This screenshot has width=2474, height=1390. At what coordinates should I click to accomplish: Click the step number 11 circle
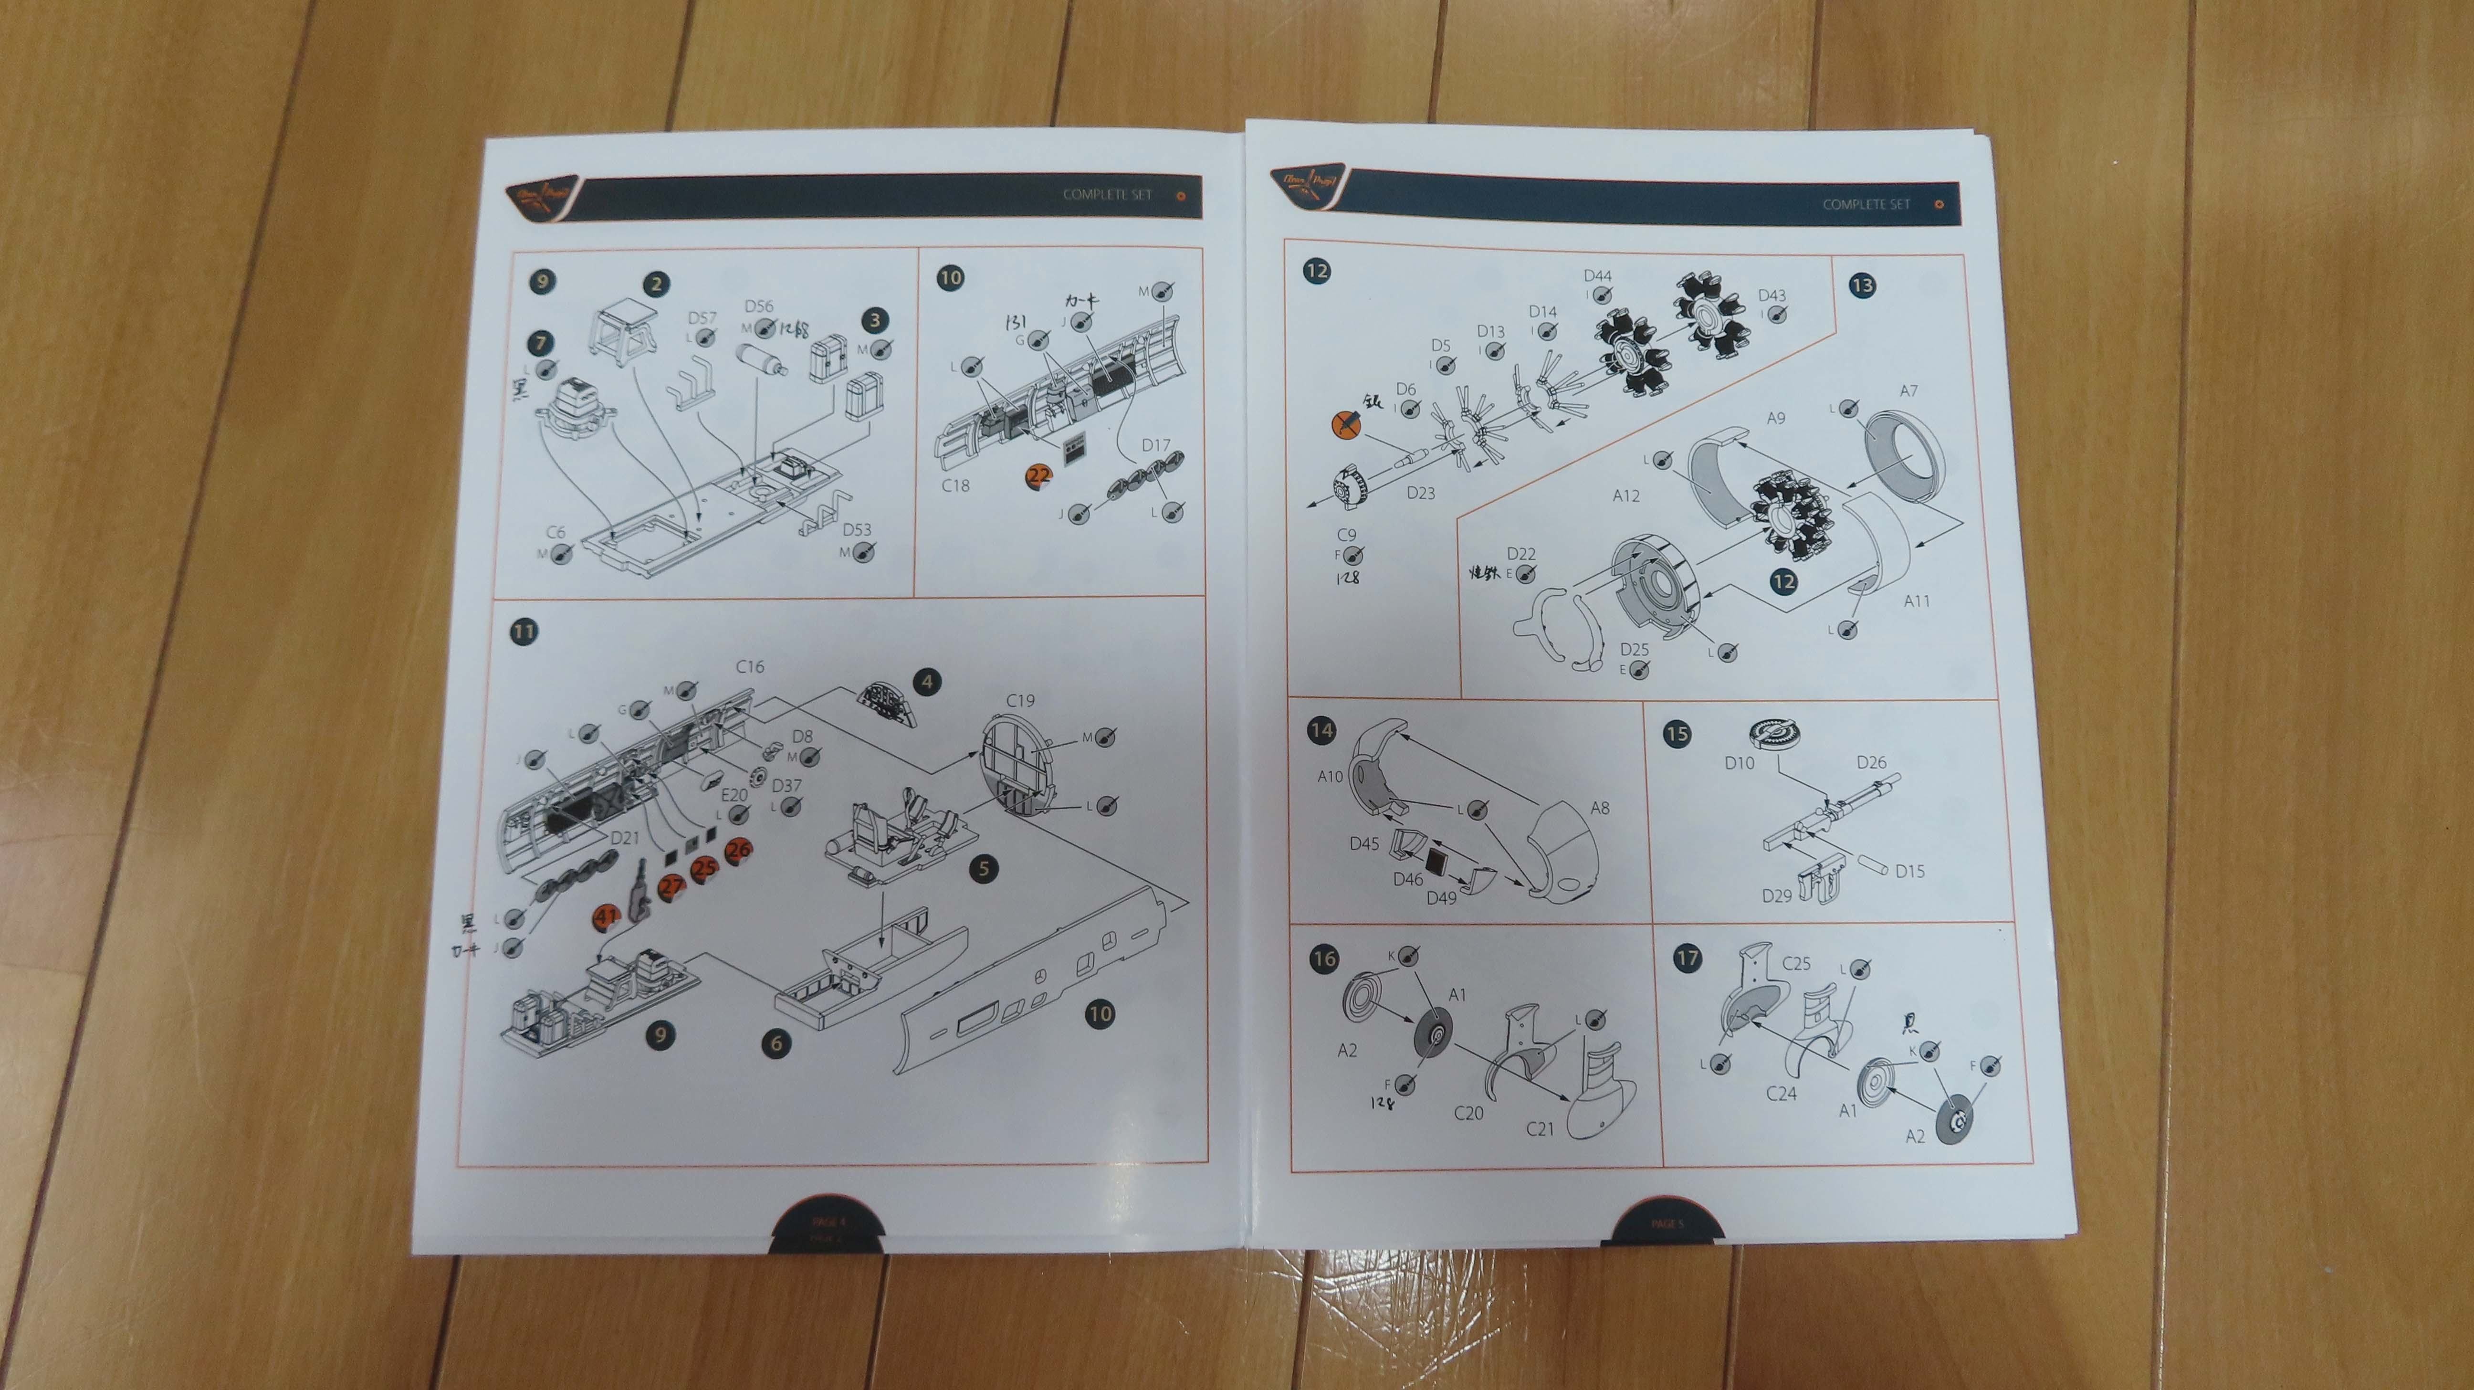pyautogui.click(x=524, y=631)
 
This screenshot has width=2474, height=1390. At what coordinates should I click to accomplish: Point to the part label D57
pyautogui.click(x=702, y=318)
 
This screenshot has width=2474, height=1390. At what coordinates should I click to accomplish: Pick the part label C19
pyautogui.click(x=1020, y=700)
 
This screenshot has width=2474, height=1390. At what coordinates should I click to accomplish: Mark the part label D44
pyautogui.click(x=1597, y=276)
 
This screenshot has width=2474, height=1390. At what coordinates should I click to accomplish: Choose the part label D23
pyautogui.click(x=1420, y=493)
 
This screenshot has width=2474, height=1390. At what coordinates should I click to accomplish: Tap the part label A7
pyautogui.click(x=1908, y=391)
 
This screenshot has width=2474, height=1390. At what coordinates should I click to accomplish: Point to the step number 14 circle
pyautogui.click(x=1321, y=730)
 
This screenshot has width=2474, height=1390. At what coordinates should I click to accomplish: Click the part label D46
pyautogui.click(x=1408, y=879)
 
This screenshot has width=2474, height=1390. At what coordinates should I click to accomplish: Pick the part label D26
pyautogui.click(x=1871, y=762)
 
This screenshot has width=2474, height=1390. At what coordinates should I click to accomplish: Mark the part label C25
pyautogui.click(x=1796, y=962)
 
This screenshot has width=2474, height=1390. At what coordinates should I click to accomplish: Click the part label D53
pyautogui.click(x=857, y=529)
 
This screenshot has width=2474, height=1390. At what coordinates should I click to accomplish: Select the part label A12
pyautogui.click(x=1626, y=495)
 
